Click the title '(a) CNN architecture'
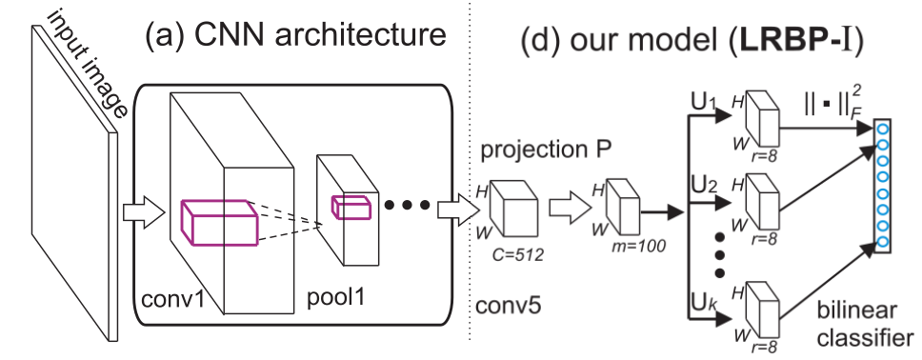(295, 37)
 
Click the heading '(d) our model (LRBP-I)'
(700, 44)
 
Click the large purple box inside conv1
(218, 220)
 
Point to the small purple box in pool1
(347, 206)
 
